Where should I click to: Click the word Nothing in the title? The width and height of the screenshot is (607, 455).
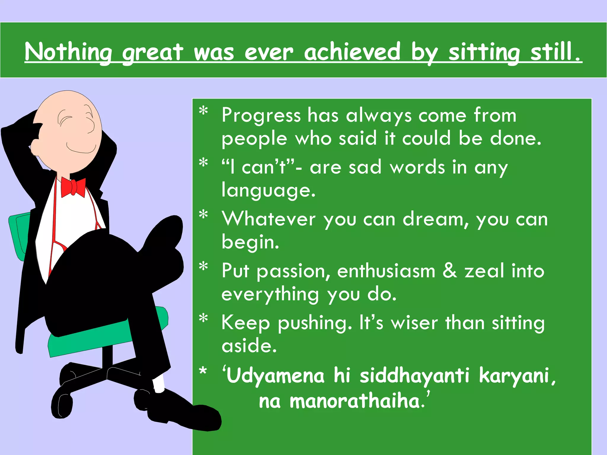[x=68, y=52]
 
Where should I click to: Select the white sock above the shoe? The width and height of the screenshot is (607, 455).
[x=159, y=384]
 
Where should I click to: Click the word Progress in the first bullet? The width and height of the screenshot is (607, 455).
[x=261, y=116]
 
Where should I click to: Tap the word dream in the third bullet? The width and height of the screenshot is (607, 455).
[x=436, y=220]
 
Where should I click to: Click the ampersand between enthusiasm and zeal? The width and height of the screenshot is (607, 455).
[x=450, y=271]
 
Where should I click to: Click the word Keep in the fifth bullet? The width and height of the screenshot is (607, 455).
[x=245, y=323]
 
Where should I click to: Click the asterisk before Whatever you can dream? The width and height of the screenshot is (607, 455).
[x=203, y=215]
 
